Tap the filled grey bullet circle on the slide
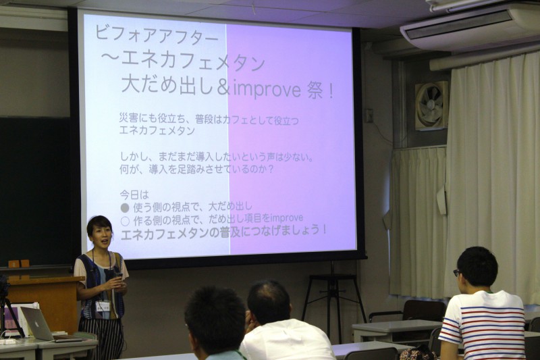125,208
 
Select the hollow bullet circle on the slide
125,220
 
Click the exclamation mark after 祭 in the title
331,91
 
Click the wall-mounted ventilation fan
431,106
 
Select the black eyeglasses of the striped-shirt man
458,273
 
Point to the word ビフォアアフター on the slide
157,36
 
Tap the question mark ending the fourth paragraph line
271,170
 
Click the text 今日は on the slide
134,195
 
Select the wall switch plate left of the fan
369,115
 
